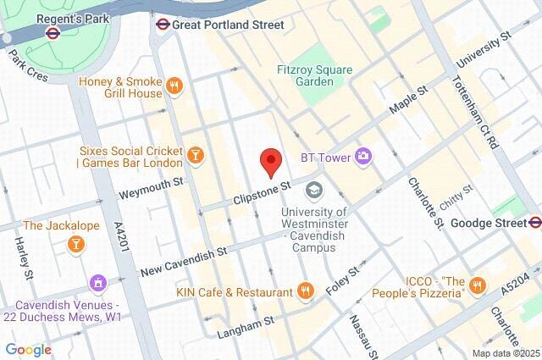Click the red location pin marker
point(270,161)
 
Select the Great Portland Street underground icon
point(163,25)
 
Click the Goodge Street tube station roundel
point(534,223)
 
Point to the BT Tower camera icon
point(363,156)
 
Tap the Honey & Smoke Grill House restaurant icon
point(174,85)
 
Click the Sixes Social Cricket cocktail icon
point(196,154)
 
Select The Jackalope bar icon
point(75,244)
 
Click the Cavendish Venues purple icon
point(97,281)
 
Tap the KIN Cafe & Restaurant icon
point(306,291)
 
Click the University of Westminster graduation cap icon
point(314,190)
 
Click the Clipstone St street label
point(263,192)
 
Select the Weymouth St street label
point(151,188)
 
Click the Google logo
point(28,349)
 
